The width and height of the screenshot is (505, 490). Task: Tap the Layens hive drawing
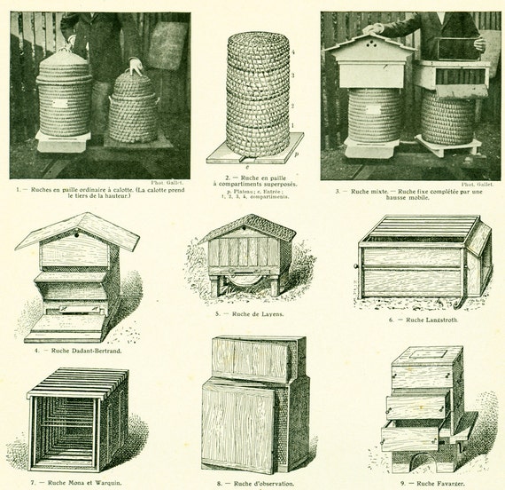click(x=245, y=256)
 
